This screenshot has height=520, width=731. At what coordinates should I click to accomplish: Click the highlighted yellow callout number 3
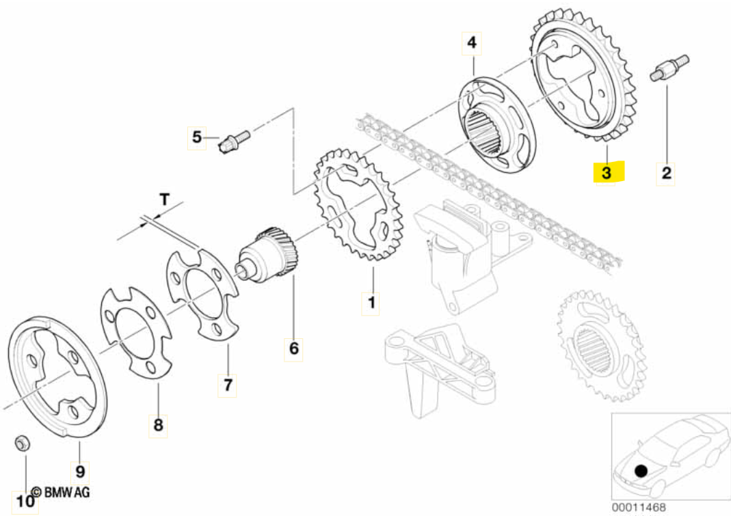tap(607, 172)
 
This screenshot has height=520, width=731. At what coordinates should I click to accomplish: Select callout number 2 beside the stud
tap(666, 173)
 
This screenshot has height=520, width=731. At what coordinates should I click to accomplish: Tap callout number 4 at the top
tap(472, 43)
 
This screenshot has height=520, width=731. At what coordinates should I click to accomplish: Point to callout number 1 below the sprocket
tap(371, 303)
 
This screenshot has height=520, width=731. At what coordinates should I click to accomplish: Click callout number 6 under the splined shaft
tap(294, 348)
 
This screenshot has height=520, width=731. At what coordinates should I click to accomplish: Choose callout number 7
tap(228, 385)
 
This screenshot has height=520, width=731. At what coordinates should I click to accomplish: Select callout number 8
tap(158, 424)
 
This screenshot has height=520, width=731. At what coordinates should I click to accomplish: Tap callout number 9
tap(80, 471)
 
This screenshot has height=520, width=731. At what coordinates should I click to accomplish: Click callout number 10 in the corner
tap(25, 502)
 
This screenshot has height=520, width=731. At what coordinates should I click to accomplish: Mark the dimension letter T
tap(164, 200)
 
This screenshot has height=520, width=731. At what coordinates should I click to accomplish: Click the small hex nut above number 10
tap(21, 443)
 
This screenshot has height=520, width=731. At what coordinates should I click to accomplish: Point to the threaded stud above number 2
tap(669, 68)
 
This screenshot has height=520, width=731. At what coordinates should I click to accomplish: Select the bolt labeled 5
tap(234, 141)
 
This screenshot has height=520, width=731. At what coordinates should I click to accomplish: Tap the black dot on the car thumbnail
tap(641, 470)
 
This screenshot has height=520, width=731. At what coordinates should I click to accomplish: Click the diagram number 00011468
tap(639, 507)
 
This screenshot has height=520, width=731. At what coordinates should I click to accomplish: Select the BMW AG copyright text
tap(61, 491)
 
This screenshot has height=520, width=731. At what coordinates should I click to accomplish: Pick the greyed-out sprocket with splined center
tap(601, 346)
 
